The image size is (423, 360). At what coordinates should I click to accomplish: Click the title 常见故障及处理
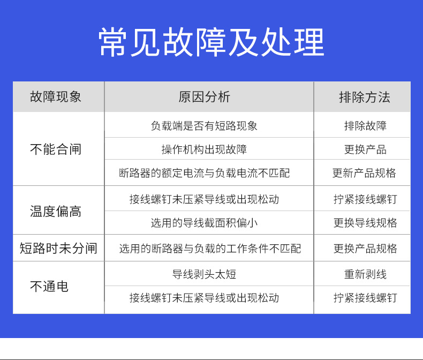tap(211, 42)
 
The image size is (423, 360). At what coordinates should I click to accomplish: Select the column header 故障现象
tap(56, 96)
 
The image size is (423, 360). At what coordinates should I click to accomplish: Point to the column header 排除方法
tap(365, 97)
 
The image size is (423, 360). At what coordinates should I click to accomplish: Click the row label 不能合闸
tap(56, 149)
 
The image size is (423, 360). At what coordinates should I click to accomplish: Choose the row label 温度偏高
tap(56, 211)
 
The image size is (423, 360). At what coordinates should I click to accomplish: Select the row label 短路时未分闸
tap(58, 248)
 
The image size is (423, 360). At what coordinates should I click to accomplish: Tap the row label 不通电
tap(49, 287)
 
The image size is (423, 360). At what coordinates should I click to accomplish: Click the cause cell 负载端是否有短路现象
tap(204, 126)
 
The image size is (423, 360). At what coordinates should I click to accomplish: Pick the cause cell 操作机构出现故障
tap(204, 149)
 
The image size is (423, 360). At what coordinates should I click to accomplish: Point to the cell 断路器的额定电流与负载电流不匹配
tap(204, 173)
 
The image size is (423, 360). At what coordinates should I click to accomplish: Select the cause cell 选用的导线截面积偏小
tap(204, 223)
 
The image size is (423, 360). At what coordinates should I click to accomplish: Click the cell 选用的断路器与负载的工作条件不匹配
tap(209, 249)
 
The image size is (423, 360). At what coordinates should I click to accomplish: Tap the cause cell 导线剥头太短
tap(204, 274)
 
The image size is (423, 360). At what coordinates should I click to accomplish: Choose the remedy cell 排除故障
tap(365, 126)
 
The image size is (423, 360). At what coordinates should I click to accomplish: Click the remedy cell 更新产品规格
tap(364, 173)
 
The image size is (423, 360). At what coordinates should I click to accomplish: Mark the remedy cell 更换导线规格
tap(365, 223)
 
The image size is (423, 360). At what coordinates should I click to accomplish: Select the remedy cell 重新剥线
tap(365, 274)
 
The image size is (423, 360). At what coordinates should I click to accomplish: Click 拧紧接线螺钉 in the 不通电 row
tap(365, 298)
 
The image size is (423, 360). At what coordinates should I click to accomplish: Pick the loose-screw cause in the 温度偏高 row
tap(204, 199)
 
